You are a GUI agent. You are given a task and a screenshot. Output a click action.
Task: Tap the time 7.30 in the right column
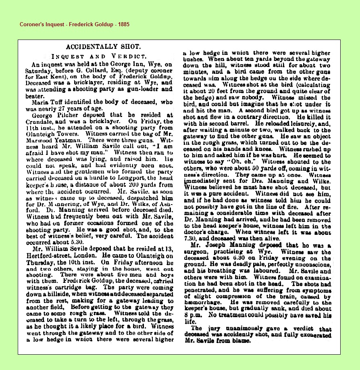tap(193, 238)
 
